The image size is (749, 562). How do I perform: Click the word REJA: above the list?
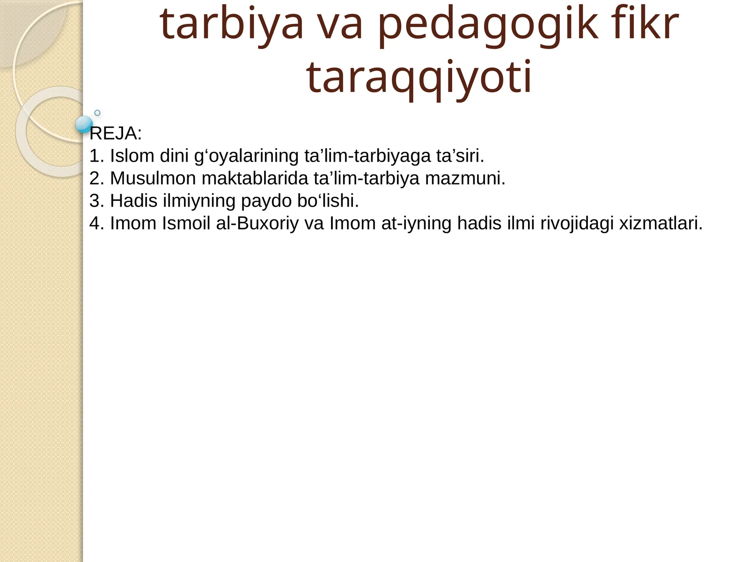(116, 134)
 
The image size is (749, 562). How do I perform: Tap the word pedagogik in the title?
(487, 24)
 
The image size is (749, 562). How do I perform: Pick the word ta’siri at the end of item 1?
(460, 156)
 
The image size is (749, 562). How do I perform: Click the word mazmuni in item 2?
(465, 178)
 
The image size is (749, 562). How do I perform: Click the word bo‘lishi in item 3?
(328, 201)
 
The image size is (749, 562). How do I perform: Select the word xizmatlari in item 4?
(661, 223)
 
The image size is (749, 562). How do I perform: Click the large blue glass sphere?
(84, 124)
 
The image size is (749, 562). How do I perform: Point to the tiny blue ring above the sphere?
(97, 113)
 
